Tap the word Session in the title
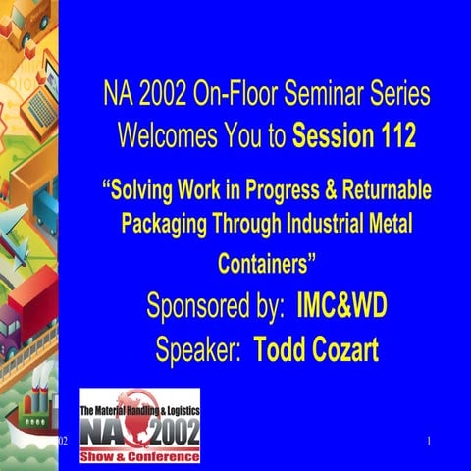coord(333,135)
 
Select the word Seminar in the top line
coord(326,97)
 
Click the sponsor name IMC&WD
coord(341,307)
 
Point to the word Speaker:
coord(199,348)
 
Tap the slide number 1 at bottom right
coord(430,444)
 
